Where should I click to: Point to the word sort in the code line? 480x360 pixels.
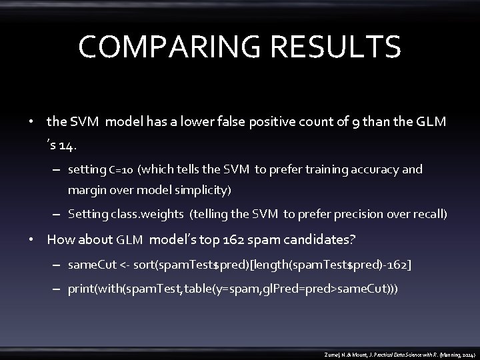(x=145, y=265)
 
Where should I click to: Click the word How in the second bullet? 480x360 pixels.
(x=58, y=239)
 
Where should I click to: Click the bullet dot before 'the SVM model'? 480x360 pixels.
(x=31, y=123)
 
